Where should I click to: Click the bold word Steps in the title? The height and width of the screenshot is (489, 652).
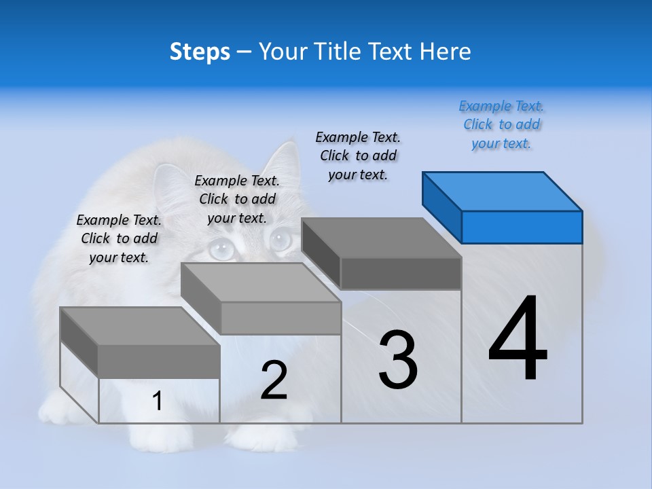(200, 52)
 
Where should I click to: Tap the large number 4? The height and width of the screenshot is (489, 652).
(518, 339)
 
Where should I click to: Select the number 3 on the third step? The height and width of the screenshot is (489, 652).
(398, 359)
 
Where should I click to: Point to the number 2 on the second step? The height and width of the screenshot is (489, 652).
(274, 380)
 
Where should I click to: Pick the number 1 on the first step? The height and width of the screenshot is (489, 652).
(158, 401)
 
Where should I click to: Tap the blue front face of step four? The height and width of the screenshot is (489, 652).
(522, 227)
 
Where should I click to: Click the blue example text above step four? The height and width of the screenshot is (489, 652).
(501, 125)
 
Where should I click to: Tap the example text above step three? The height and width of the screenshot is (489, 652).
(358, 156)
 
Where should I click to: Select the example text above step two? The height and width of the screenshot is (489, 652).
(237, 199)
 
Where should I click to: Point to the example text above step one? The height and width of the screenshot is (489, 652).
(119, 238)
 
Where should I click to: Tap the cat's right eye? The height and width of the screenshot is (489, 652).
(280, 240)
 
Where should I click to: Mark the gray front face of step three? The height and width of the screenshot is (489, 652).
(401, 274)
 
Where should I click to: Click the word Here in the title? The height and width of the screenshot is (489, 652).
(446, 52)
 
